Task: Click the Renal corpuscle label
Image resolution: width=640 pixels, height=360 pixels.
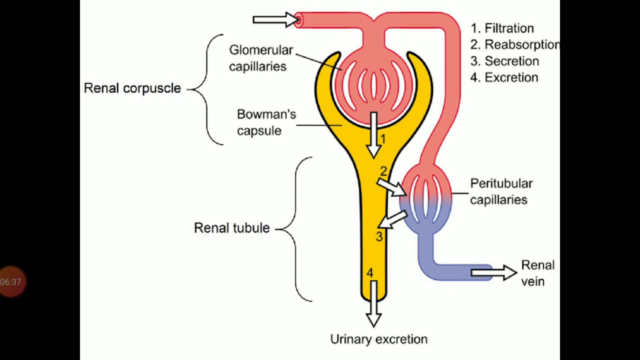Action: pos(132,88)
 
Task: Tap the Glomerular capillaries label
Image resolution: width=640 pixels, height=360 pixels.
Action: pos(260,58)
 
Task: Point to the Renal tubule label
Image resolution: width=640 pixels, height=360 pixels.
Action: pos(231,228)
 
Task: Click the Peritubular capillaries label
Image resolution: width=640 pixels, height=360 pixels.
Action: pos(501,191)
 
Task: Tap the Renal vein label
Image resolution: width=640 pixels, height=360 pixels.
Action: pos(537,273)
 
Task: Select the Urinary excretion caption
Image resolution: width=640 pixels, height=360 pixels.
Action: pos(378,339)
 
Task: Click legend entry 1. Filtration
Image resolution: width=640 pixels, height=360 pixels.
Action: pos(502,28)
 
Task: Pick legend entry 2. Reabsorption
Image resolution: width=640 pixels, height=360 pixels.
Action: pos(514,45)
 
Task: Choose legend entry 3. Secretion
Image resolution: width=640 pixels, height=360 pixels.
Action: pos(504,61)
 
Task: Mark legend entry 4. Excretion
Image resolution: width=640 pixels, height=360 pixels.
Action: pos(504,77)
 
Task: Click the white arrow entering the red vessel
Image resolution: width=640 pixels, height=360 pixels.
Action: pos(275,20)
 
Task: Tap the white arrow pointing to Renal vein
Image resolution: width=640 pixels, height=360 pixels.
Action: pos(493,272)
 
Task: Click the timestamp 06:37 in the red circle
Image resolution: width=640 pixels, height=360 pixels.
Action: pos(11,282)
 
